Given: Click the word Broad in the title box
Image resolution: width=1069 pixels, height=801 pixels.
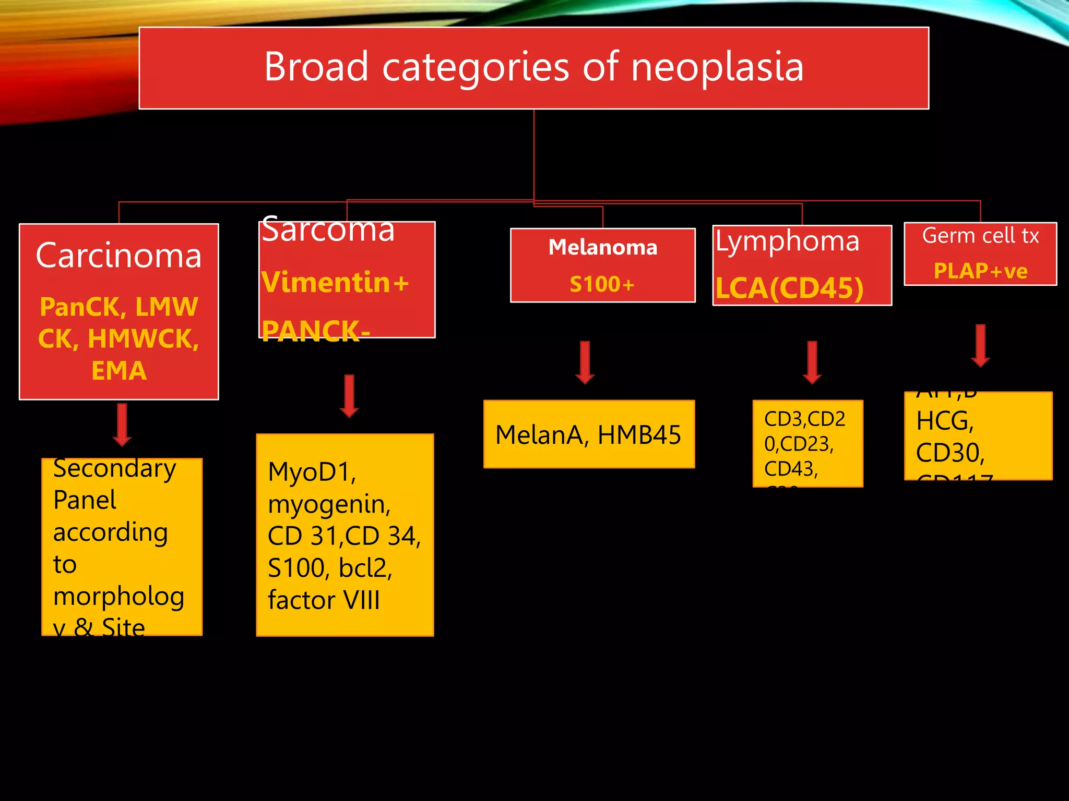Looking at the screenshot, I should click(x=316, y=67).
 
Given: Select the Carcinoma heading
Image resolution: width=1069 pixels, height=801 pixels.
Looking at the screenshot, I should click(x=118, y=256).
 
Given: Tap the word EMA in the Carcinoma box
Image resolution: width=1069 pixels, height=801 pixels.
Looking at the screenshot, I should click(x=119, y=371).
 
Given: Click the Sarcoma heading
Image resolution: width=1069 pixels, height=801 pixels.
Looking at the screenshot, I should click(x=328, y=230).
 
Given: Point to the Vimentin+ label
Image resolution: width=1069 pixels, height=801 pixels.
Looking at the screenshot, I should click(x=335, y=283).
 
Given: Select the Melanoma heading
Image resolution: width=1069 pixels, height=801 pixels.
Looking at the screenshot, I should click(x=602, y=247).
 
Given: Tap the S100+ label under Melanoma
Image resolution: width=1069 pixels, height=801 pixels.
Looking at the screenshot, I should click(x=602, y=284).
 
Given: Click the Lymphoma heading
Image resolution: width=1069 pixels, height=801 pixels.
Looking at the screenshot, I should click(x=787, y=241).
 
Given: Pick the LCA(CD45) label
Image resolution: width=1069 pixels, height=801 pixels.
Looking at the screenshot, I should click(x=789, y=288).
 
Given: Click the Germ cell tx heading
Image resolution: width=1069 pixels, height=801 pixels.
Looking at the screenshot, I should click(x=980, y=236).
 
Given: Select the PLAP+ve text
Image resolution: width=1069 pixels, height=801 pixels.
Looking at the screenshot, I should click(x=980, y=271).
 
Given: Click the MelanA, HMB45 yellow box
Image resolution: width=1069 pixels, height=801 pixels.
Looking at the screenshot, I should click(x=588, y=434).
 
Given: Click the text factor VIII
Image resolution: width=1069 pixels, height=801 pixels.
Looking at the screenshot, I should click(x=324, y=600).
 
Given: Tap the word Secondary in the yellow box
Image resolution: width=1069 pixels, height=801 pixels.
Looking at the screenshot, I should click(x=114, y=468).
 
